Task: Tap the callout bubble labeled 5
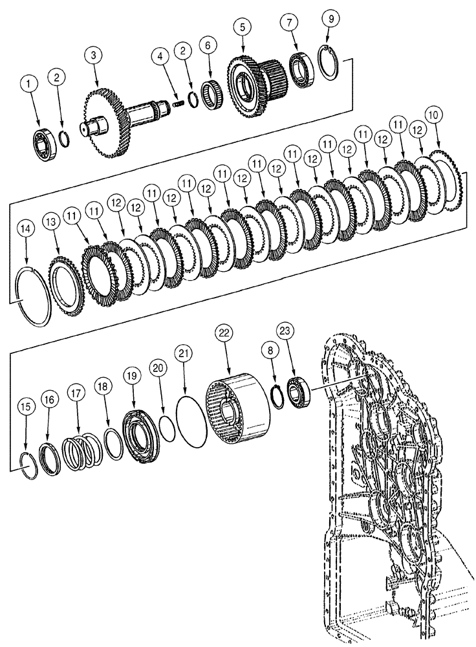click(242, 28)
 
